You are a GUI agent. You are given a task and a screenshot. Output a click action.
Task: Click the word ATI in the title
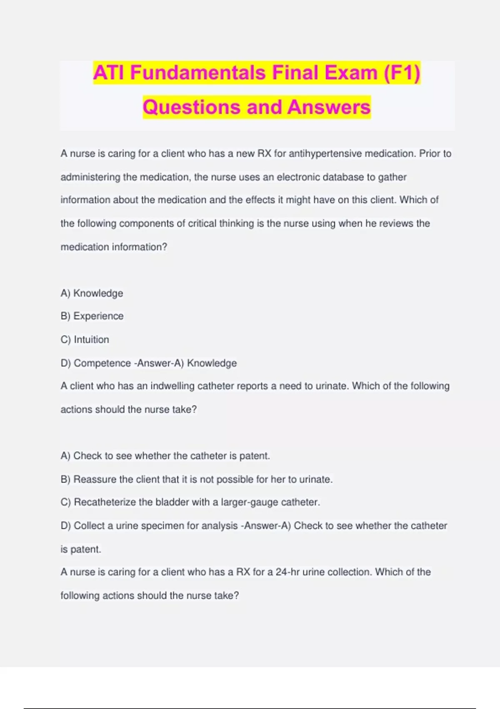tap(109, 73)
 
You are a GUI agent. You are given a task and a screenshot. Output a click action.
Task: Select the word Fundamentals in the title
tap(198, 73)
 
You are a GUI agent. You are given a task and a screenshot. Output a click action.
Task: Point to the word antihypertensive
tap(325, 153)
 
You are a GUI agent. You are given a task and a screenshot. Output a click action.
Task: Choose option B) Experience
tap(92, 316)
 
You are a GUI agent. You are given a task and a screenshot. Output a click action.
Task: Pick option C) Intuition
tap(85, 339)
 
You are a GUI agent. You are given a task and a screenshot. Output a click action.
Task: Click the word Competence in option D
tap(102, 363)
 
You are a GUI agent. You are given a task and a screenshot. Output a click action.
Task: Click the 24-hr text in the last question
tap(287, 572)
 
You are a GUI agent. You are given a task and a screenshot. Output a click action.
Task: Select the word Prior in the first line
tap(429, 153)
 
